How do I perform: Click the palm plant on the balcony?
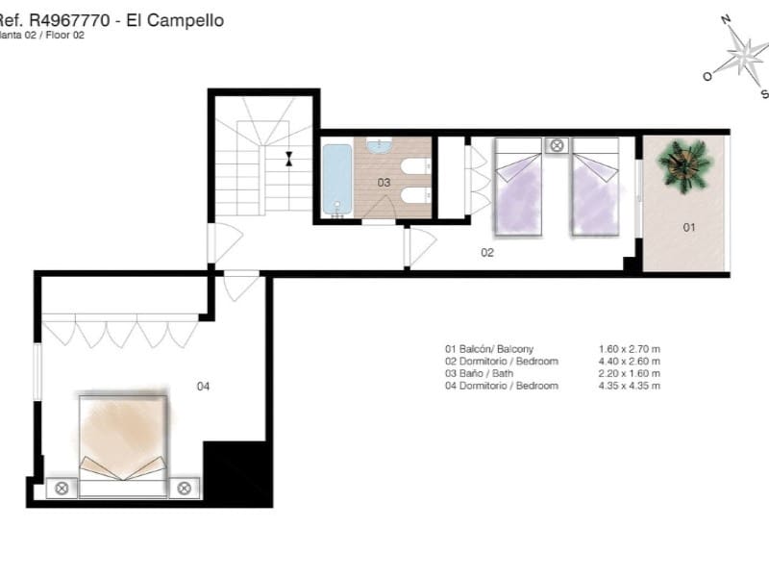point(685,164)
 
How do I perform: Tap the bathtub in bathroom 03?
point(336,180)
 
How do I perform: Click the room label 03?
point(384,182)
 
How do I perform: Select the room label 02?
point(487,253)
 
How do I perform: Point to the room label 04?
point(203,387)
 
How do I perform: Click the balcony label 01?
point(688,228)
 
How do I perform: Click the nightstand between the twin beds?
point(557,146)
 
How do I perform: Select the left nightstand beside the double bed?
point(62,489)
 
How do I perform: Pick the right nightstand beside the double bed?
point(184,489)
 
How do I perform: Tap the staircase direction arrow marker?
point(288,159)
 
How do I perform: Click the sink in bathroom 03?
point(379,146)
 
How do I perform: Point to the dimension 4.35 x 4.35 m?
point(629,386)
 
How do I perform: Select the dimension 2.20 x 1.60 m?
point(629,373)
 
